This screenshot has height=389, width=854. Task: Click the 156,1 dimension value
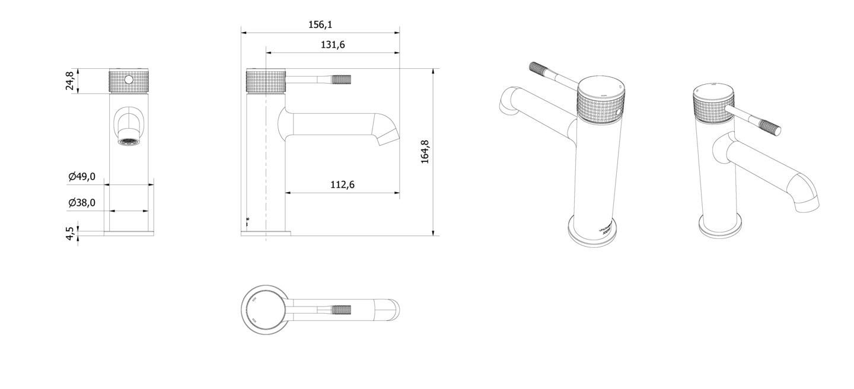(320, 25)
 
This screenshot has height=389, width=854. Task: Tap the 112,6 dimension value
(342, 184)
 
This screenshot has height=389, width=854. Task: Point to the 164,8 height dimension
(425, 152)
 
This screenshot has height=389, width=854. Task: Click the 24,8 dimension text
(70, 81)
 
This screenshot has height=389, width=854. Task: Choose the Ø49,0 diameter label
(82, 176)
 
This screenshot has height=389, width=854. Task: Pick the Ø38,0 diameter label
(82, 203)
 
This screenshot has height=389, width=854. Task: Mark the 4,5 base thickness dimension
(70, 233)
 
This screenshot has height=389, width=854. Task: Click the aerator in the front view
(129, 142)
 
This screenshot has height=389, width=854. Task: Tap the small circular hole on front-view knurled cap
(129, 79)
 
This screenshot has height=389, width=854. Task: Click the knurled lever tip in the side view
(343, 79)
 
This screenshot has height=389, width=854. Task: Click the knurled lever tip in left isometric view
(540, 68)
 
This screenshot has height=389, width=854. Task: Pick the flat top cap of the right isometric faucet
(714, 91)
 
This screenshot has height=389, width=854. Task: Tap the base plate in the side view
(266, 233)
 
